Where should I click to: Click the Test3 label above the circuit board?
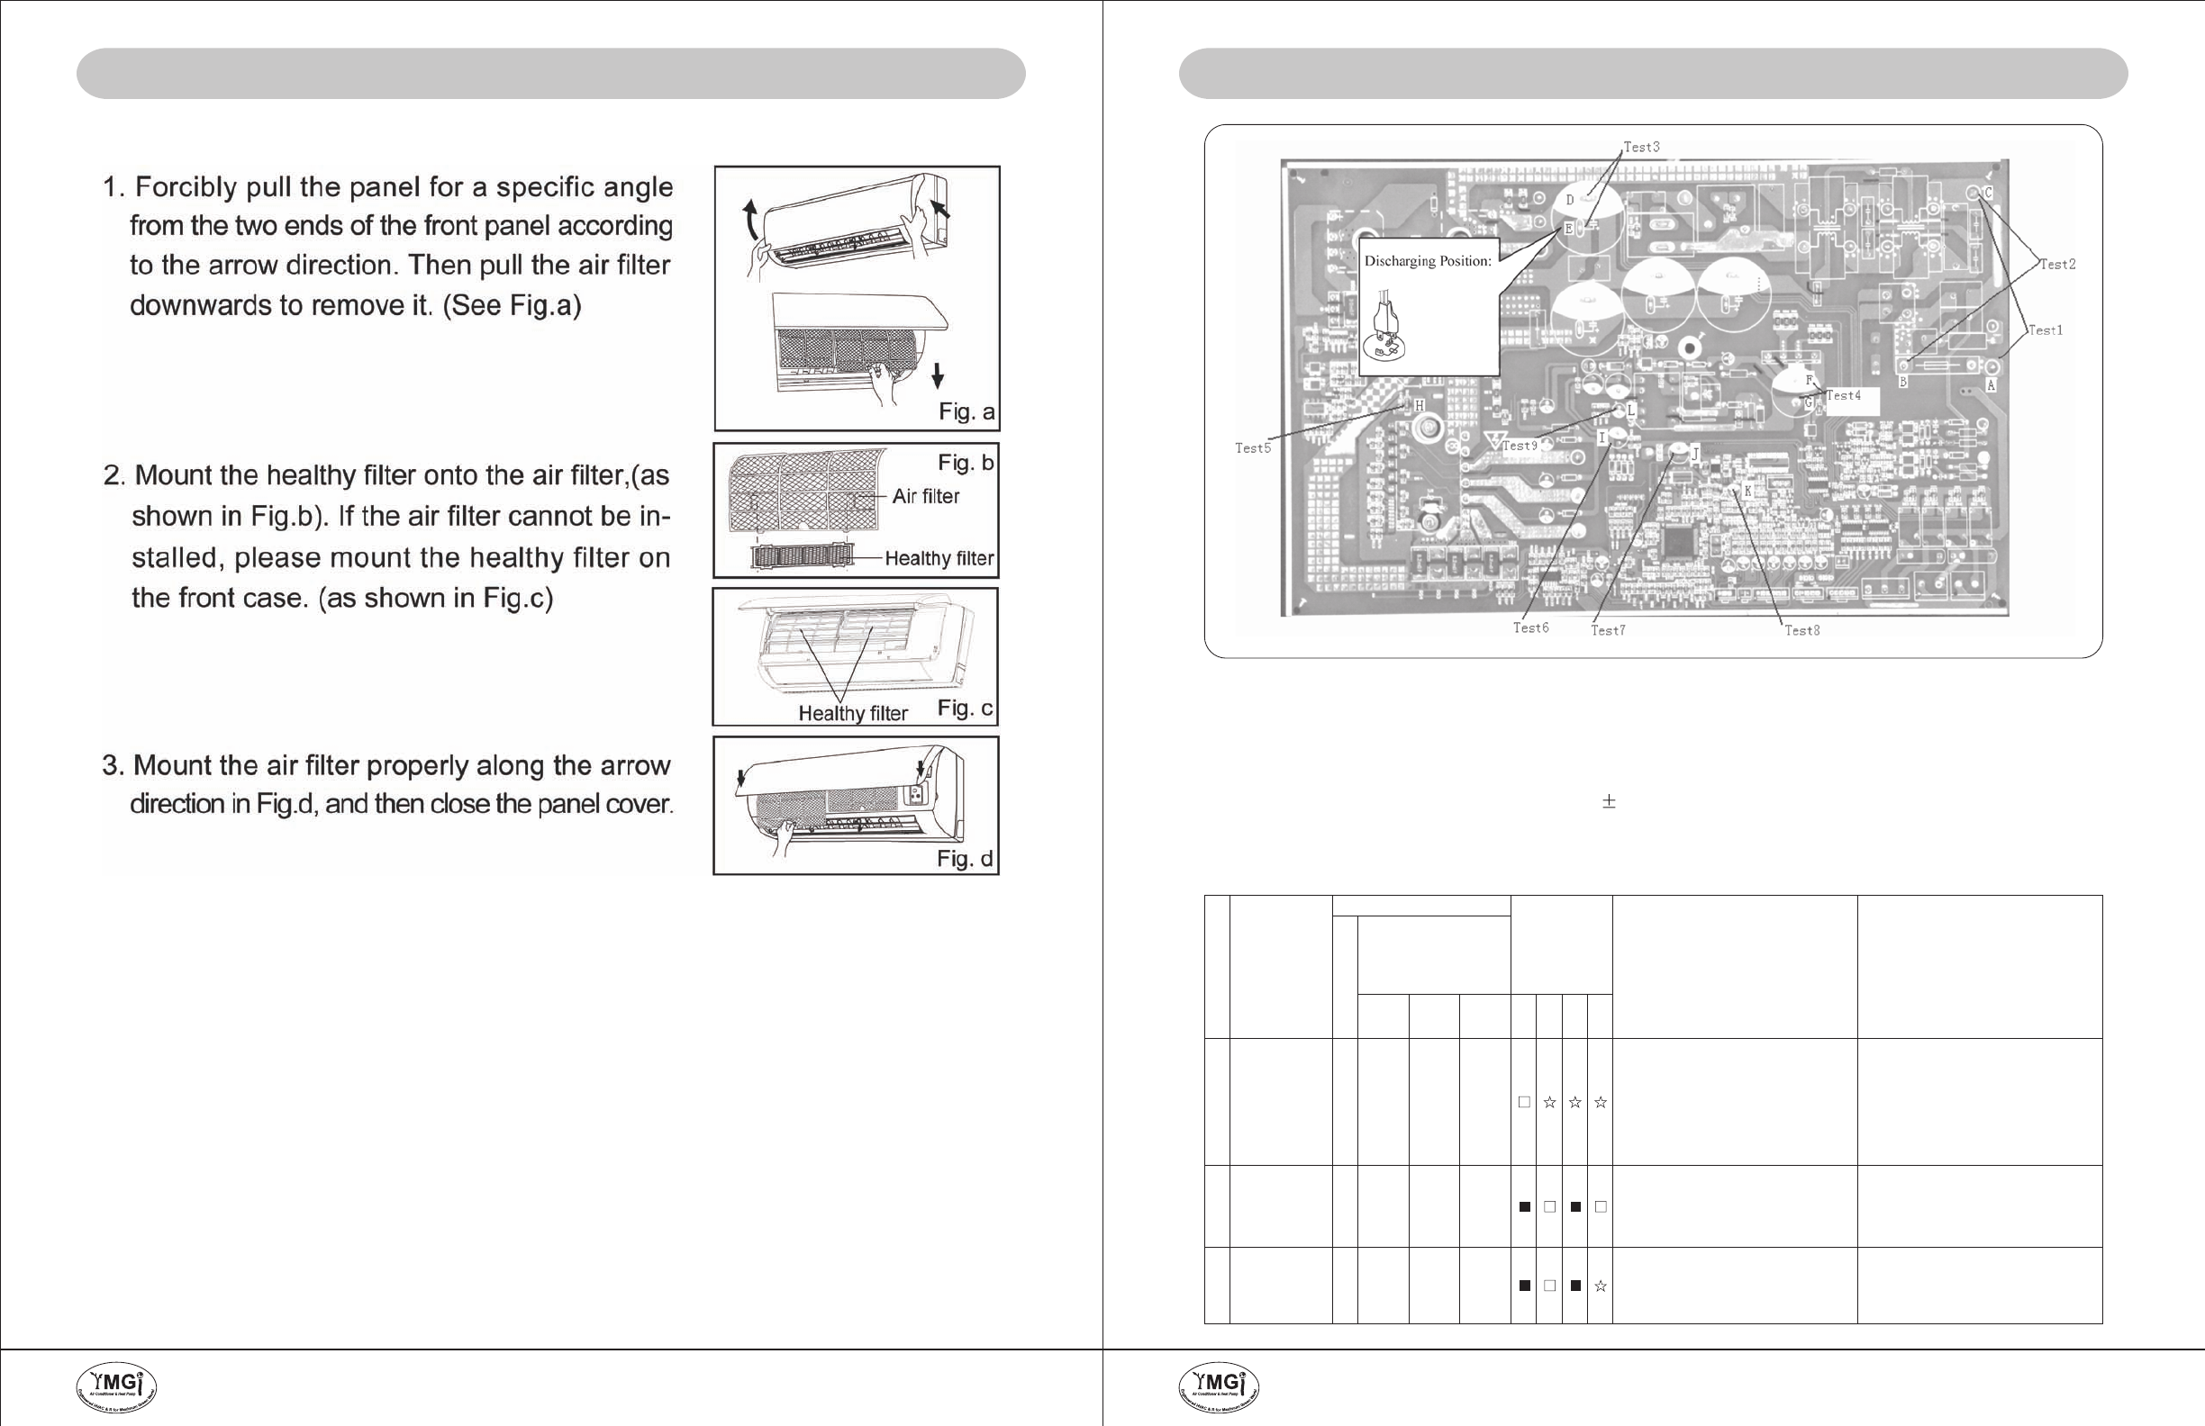tap(1641, 148)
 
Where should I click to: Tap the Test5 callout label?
tap(1253, 448)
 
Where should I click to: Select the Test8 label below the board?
tap(1802, 630)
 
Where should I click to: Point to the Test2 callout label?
tap(2056, 265)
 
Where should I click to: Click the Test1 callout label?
tap(2045, 330)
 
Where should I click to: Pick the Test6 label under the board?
tap(1530, 627)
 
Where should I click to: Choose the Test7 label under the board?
tap(1608, 630)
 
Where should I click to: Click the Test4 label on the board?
tap(1843, 395)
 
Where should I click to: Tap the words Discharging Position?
tap(1428, 261)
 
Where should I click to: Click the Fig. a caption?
tap(966, 412)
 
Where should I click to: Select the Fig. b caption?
tap(966, 462)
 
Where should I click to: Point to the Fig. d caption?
tap(965, 858)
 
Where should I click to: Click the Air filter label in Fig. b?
tap(926, 496)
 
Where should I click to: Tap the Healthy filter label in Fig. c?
tap(852, 713)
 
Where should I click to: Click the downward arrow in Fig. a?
tap(938, 375)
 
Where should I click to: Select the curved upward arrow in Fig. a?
tap(751, 222)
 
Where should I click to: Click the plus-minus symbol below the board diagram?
tap(1610, 802)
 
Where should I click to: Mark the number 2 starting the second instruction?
tap(112, 476)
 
